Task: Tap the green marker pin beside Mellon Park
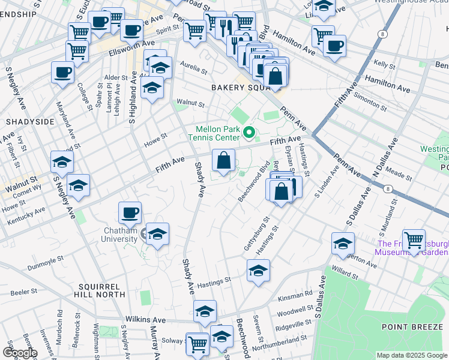click(247, 131)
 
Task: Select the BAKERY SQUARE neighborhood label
click(237, 88)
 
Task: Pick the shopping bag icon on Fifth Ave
click(223, 160)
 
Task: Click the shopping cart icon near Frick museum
click(414, 240)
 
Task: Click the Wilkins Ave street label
click(144, 320)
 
